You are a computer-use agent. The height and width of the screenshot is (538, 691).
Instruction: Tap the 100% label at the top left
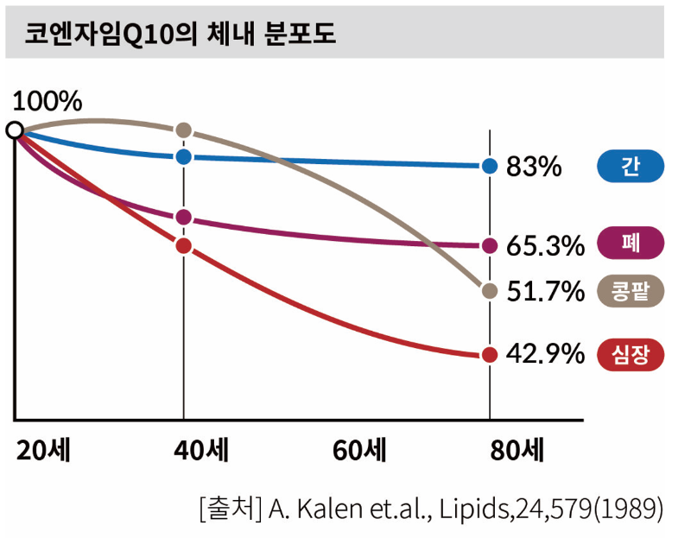click(x=48, y=101)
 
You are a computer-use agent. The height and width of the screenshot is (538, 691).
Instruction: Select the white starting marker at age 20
click(x=15, y=130)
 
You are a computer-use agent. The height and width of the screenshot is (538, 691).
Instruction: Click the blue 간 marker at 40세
click(x=183, y=156)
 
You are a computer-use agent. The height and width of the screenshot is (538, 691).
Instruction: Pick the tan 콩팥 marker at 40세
click(x=183, y=130)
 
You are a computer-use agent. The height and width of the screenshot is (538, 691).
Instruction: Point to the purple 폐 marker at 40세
click(x=183, y=218)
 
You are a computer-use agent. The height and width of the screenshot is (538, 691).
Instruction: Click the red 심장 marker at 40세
click(x=183, y=245)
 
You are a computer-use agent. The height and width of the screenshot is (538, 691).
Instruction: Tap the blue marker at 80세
click(x=490, y=166)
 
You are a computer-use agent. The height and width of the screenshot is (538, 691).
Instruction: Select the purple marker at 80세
click(x=490, y=245)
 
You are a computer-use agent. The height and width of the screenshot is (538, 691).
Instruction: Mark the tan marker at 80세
click(x=490, y=291)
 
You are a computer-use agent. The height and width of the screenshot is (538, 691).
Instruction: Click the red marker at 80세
click(x=490, y=354)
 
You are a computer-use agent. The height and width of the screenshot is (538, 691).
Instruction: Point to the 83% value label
click(x=534, y=167)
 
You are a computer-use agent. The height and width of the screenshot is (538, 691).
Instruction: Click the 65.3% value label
click(x=545, y=246)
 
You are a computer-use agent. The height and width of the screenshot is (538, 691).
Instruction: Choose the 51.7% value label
click(x=545, y=292)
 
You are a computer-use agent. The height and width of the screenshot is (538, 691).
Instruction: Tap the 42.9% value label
click(x=545, y=355)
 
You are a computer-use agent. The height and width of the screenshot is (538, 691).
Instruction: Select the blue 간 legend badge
click(x=631, y=166)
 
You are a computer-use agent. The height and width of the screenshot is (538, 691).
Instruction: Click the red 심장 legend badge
click(x=631, y=354)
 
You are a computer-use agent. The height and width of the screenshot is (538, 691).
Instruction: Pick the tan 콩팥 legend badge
click(x=631, y=292)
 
